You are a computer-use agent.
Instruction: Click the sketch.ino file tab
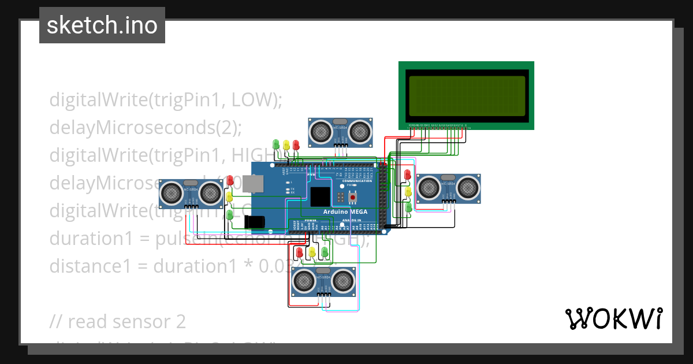point(102,25)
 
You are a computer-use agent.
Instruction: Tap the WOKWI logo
point(613,318)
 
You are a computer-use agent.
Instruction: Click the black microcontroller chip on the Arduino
point(319,196)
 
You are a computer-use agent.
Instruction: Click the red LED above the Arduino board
point(296,144)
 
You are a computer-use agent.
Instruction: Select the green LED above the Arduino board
point(276,144)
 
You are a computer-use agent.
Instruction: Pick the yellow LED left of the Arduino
point(229,197)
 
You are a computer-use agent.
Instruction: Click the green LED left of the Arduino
point(229,215)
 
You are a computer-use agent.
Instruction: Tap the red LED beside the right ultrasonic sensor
point(408,174)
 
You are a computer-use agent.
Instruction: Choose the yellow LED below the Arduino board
point(312,252)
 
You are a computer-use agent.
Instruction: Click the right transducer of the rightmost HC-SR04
point(470,187)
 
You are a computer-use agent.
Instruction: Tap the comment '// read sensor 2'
point(118,321)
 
